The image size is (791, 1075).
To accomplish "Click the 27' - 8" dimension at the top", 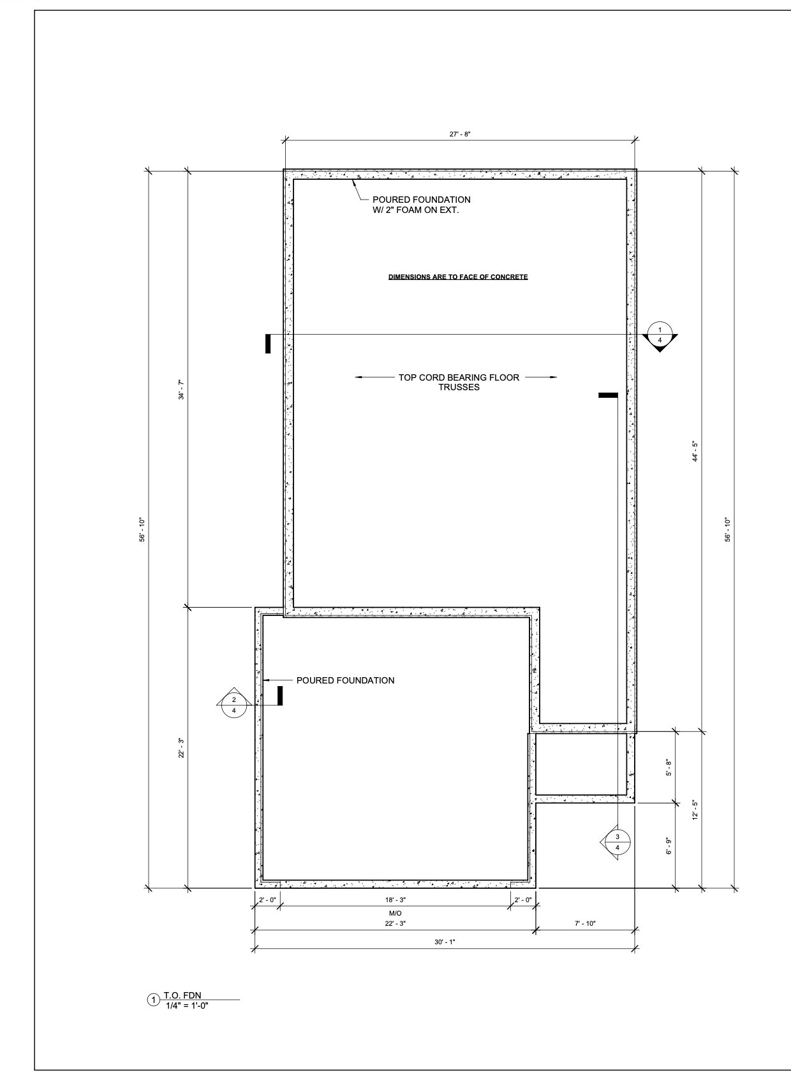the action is click(460, 135).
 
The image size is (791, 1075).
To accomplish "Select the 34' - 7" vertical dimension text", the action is click(182, 390).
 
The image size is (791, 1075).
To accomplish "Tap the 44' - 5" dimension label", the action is click(695, 451).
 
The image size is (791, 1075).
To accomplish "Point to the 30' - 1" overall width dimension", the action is click(444, 942).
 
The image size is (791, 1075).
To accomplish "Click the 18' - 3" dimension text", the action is click(395, 900).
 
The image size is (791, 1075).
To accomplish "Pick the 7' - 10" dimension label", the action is click(585, 923).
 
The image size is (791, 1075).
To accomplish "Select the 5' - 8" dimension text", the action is click(669, 768).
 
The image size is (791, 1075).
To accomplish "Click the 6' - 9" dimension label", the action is click(669, 845).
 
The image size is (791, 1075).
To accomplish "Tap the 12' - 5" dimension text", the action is click(695, 810).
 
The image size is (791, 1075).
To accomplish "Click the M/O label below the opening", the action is click(395, 913).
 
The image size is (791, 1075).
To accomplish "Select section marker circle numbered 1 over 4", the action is click(660, 334).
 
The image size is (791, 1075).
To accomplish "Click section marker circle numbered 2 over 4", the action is click(234, 705).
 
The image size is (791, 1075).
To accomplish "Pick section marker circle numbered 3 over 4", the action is click(617, 842).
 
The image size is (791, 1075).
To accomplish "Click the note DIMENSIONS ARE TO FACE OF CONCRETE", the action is click(457, 277).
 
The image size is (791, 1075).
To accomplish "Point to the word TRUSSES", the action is click(459, 387).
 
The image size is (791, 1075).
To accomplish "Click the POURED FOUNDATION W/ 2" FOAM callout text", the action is click(421, 205).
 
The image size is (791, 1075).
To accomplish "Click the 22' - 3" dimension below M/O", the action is click(395, 923).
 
